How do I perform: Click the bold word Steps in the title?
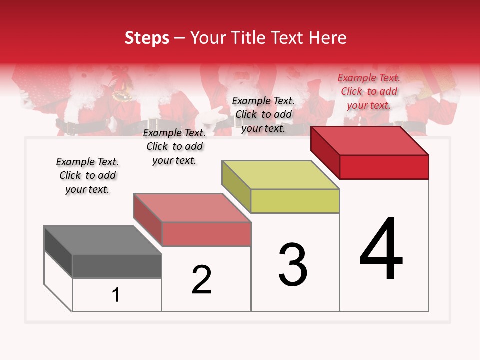(x=147, y=38)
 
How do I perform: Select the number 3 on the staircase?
(x=293, y=265)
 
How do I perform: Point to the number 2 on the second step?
(x=202, y=280)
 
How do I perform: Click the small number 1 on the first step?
(x=115, y=295)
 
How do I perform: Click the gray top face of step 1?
(x=103, y=240)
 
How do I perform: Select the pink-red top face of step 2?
(x=192, y=208)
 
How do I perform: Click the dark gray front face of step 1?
(x=117, y=266)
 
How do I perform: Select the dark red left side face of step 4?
(x=325, y=152)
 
